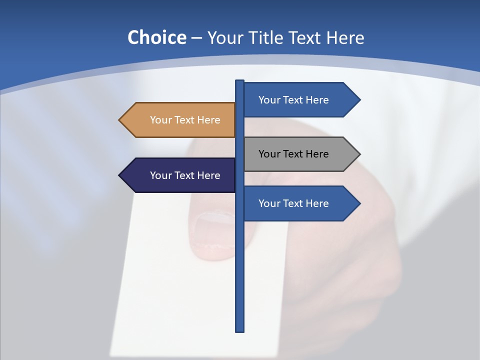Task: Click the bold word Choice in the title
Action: (x=156, y=37)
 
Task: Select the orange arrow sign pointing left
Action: (x=180, y=120)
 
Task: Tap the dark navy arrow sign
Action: (x=180, y=175)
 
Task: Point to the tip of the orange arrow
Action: (x=120, y=120)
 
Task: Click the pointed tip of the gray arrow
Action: (x=359, y=154)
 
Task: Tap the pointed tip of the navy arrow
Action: (x=120, y=175)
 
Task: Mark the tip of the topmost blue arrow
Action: (x=359, y=100)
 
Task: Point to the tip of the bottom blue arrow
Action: (x=359, y=203)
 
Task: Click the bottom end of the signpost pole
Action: (x=239, y=330)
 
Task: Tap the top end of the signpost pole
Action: (x=239, y=81)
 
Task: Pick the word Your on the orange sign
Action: (x=160, y=120)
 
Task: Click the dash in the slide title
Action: (x=196, y=38)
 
